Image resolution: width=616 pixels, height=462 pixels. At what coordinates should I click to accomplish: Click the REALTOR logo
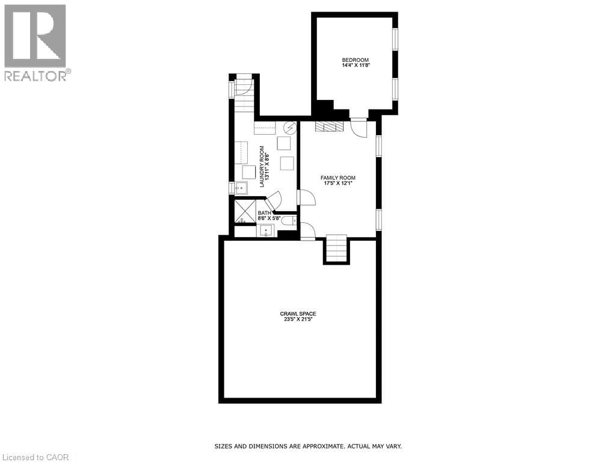point(36,42)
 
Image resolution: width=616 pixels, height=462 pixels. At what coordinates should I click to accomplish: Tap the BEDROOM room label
point(355,60)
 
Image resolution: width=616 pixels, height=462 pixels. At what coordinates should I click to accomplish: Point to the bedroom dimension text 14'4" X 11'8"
point(355,65)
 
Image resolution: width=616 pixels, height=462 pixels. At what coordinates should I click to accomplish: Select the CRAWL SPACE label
point(298,313)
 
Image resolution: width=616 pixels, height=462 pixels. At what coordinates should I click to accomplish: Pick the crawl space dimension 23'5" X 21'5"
point(298,319)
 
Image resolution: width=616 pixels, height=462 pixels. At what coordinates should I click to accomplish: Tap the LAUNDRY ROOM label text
point(262,167)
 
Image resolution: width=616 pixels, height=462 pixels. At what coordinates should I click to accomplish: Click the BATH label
point(265,213)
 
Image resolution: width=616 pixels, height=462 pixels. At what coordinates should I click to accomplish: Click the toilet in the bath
point(289,221)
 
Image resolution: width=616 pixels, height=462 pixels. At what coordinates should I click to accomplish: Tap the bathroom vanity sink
point(266,231)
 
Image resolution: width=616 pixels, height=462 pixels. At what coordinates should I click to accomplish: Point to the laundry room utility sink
point(241,188)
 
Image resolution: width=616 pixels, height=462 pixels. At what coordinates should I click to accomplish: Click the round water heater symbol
point(291,128)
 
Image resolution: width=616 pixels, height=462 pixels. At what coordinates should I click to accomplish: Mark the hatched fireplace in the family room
point(329,126)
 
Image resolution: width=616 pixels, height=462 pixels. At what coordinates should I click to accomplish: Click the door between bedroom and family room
point(359,127)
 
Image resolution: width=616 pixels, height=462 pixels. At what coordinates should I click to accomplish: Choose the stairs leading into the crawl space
point(336,249)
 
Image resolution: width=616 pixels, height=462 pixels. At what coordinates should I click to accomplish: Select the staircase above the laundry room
point(244,96)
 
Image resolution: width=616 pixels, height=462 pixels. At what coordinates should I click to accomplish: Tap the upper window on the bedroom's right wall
point(395,40)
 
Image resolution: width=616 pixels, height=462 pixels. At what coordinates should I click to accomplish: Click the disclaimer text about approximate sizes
point(308,446)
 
